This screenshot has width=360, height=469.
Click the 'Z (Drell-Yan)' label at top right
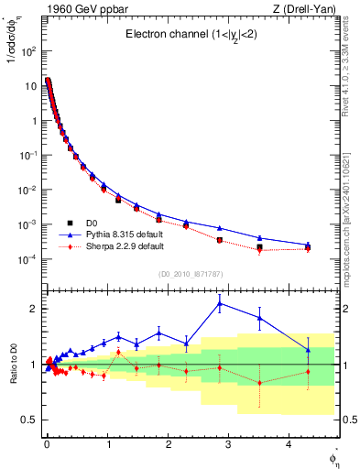coord(304,8)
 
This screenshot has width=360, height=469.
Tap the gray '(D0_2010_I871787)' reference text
coord(190,274)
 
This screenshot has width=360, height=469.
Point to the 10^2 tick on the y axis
coord(29,51)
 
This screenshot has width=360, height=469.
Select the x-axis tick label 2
coord(168,444)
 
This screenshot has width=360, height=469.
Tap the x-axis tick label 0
coord(47,444)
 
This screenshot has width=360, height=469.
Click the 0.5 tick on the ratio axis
coord(28,420)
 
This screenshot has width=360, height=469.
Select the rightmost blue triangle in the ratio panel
coord(308,349)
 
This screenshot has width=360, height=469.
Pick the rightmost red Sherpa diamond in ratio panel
coord(308,371)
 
